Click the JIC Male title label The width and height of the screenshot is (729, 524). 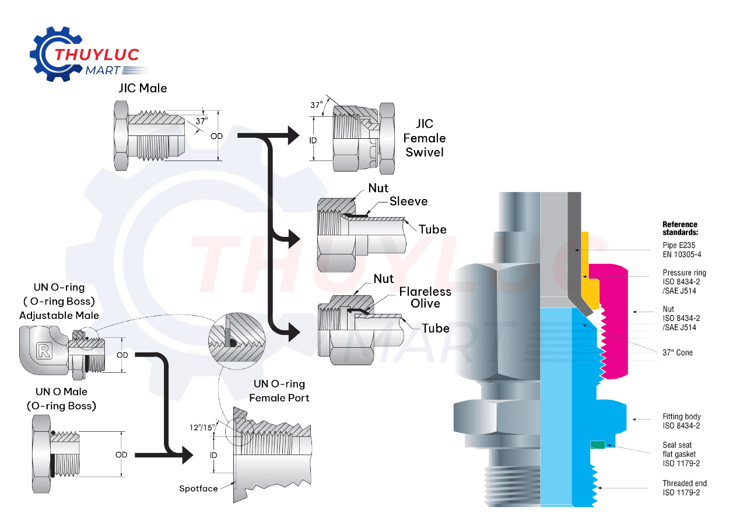point(142,88)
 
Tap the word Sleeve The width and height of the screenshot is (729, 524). point(408,201)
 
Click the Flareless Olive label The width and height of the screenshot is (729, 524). point(425,297)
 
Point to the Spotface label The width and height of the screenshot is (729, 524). point(198,488)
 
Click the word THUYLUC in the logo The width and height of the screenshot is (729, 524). point(96,55)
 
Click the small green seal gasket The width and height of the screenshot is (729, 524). point(597,445)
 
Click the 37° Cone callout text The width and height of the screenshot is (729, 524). point(677,352)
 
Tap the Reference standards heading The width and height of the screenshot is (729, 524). point(679,228)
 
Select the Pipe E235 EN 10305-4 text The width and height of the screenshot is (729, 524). point(679,250)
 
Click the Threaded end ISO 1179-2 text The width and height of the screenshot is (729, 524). point(684,488)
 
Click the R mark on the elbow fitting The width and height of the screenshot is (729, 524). point(43,350)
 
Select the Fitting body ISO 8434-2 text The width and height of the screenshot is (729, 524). point(681,421)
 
